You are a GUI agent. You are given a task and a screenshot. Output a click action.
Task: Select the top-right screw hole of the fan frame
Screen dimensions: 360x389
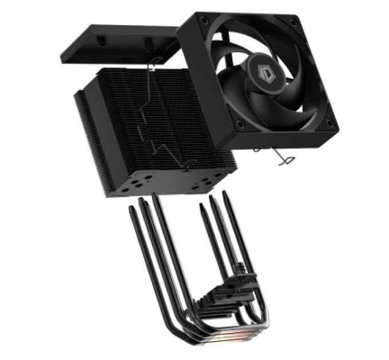pyautogui.click(x=293, y=22)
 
